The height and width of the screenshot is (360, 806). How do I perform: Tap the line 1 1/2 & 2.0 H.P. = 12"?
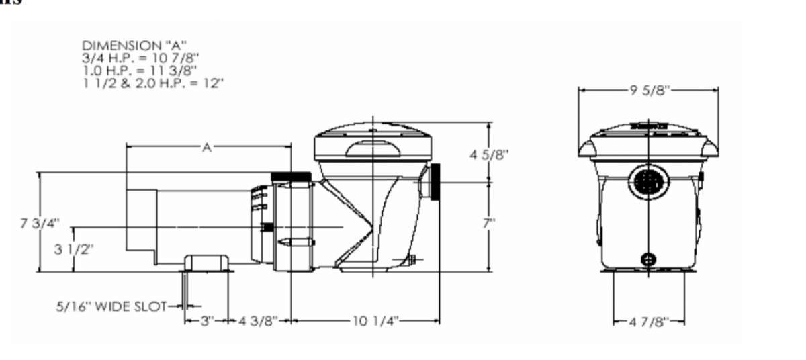click(152, 82)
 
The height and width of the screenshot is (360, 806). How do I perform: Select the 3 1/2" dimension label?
click(74, 249)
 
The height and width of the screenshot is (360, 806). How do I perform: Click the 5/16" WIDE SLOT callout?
click(111, 307)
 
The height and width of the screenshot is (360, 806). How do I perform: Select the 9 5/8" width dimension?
click(650, 91)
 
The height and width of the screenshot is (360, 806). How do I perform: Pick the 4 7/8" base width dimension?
click(649, 322)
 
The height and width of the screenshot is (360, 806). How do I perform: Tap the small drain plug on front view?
click(649, 259)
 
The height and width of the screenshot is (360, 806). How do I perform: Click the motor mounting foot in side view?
click(208, 263)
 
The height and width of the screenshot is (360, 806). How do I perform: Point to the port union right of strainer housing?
click(434, 182)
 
